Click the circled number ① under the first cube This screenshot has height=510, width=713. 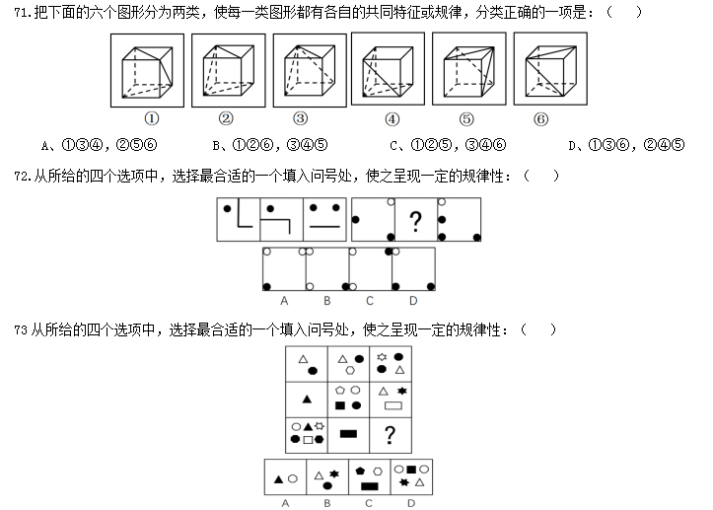[x=152, y=119]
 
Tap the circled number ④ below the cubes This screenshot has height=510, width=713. [x=393, y=119]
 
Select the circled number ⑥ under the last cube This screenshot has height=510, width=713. [x=540, y=119]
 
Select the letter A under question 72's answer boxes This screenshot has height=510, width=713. [x=284, y=300]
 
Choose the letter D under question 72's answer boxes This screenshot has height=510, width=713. [x=413, y=300]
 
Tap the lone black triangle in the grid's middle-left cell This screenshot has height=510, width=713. [x=307, y=399]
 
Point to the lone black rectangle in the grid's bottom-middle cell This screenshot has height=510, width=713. [x=347, y=433]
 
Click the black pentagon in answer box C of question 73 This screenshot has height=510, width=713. [x=362, y=472]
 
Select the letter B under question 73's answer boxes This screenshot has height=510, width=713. [x=326, y=502]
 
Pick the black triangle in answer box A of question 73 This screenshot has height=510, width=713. [x=279, y=479]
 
